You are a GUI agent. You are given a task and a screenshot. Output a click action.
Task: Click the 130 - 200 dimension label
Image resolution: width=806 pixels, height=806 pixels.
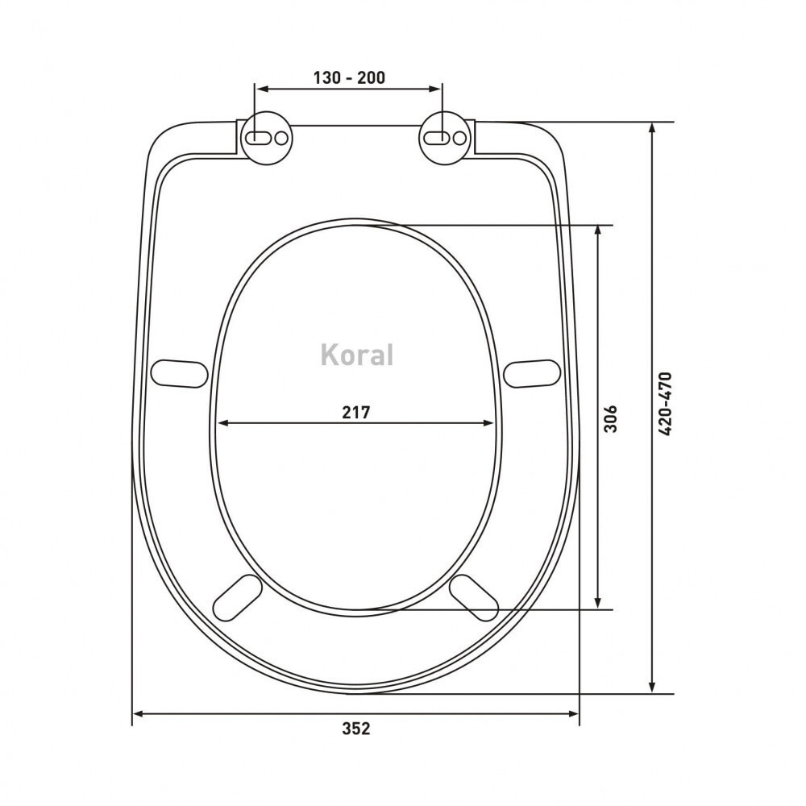tap(349, 77)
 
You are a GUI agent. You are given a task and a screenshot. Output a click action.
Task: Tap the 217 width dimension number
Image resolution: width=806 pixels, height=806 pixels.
tap(356, 412)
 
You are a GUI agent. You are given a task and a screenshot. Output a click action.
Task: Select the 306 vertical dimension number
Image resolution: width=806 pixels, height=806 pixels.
tap(610, 419)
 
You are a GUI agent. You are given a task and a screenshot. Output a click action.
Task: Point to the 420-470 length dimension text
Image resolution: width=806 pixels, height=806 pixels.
tap(665, 404)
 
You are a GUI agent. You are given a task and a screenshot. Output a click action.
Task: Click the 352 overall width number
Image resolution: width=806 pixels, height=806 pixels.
tap(356, 729)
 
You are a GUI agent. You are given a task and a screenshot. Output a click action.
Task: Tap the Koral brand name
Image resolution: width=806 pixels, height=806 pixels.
tap(357, 355)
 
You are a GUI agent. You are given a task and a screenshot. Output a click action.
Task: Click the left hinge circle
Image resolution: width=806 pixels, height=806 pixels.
tap(267, 138)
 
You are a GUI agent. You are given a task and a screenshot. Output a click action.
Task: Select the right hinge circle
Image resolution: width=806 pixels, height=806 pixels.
tap(445, 138)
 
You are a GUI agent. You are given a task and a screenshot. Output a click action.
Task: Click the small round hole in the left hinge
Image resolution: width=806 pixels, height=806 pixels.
tap(281, 139)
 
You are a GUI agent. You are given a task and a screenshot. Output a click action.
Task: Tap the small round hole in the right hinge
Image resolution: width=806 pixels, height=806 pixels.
tap(459, 139)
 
